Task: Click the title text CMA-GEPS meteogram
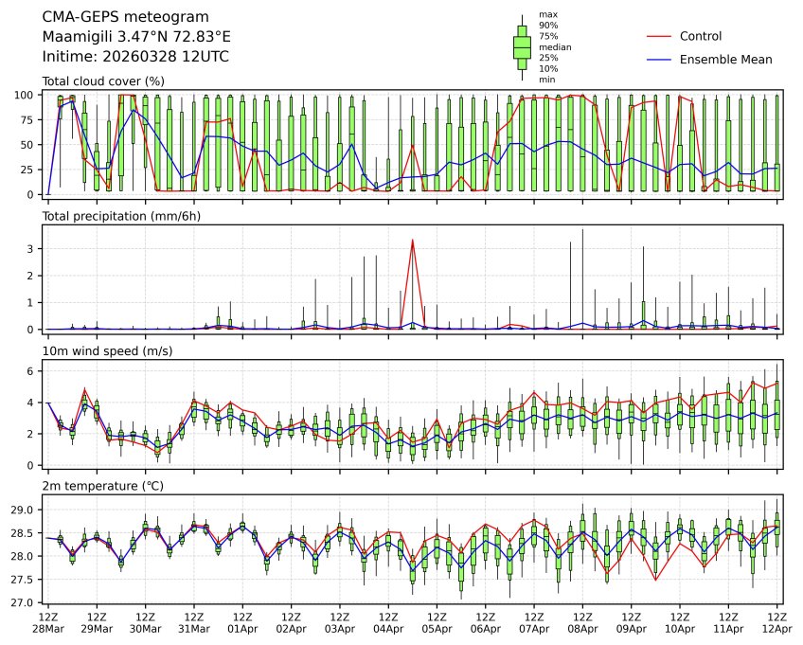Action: [113, 17]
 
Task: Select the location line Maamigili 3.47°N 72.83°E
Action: [136, 37]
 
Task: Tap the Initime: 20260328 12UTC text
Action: [135, 57]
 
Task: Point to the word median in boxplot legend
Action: [555, 46]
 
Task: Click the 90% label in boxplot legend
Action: [548, 25]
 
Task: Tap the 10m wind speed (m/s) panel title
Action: [108, 351]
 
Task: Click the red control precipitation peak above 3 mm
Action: [413, 241]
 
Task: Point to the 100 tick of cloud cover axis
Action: [27, 95]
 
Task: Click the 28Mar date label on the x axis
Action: [47, 628]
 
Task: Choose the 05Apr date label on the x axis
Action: [437, 628]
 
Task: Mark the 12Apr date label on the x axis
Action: [777, 628]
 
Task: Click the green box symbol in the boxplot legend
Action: [522, 46]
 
